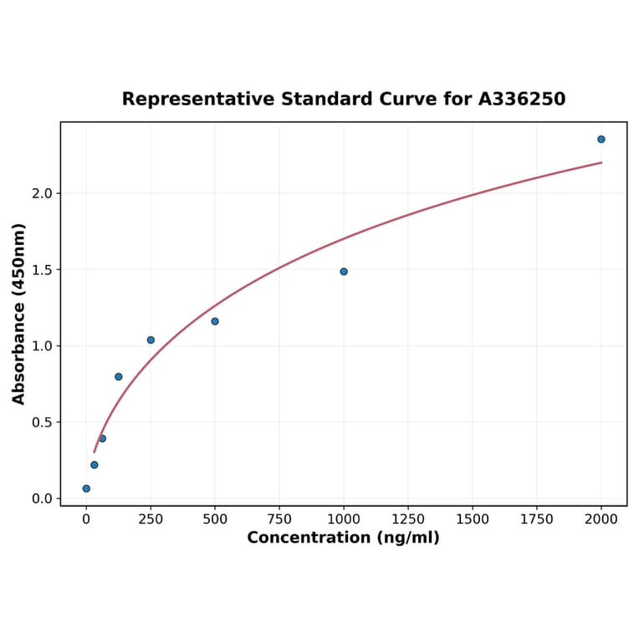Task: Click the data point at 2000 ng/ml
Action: [601, 139]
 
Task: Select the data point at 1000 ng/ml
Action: [344, 272]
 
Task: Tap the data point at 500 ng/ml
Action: [215, 321]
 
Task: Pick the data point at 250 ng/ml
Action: [151, 340]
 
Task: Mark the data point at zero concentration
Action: [86, 488]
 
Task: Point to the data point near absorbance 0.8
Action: [119, 376]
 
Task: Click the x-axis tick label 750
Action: [279, 519]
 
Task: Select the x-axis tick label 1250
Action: [408, 519]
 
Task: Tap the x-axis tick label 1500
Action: [473, 519]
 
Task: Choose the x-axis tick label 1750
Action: [537, 519]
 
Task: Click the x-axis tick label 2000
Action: [601, 519]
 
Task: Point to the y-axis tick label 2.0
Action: [42, 193]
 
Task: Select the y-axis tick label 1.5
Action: [42, 270]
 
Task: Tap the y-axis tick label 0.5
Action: [42, 422]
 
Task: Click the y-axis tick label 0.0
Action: [42, 498]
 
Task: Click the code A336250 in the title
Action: [522, 100]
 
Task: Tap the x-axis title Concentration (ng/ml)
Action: [343, 538]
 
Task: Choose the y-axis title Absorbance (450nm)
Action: [19, 314]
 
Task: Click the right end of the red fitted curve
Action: [601, 162]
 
